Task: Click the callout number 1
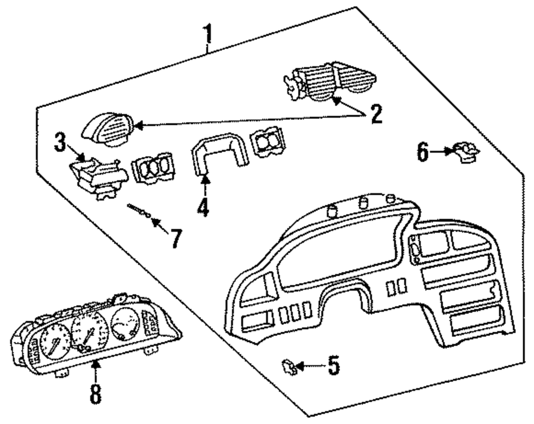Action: (x=208, y=35)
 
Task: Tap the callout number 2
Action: (x=376, y=114)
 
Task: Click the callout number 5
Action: (x=333, y=366)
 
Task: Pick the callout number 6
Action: (x=423, y=153)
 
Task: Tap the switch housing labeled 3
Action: (x=98, y=175)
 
